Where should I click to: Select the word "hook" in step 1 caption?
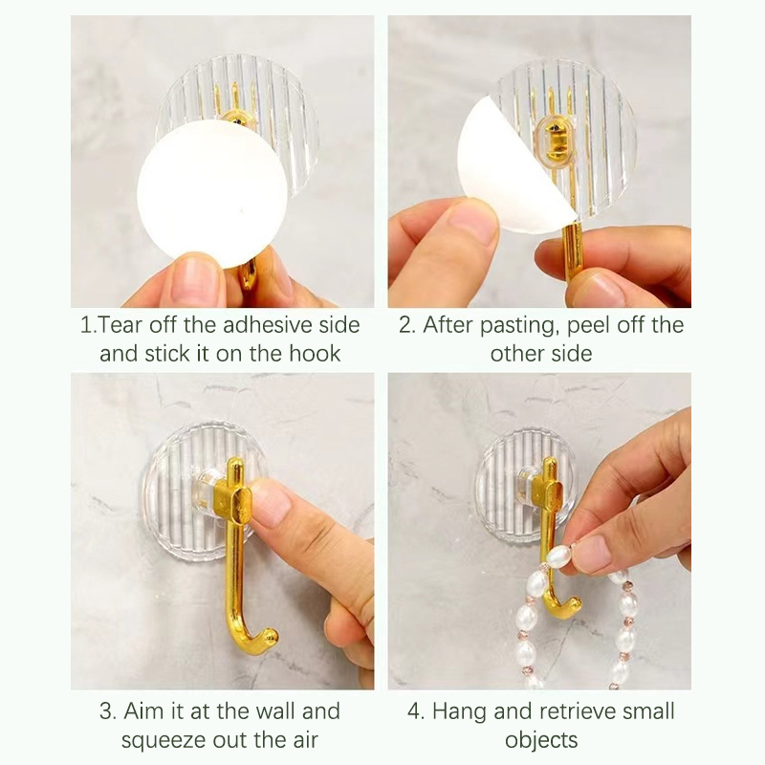pos(315,354)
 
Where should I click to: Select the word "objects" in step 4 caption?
pos(541,740)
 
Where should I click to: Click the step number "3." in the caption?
pos(108,711)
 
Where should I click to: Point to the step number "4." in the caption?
pos(416,711)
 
